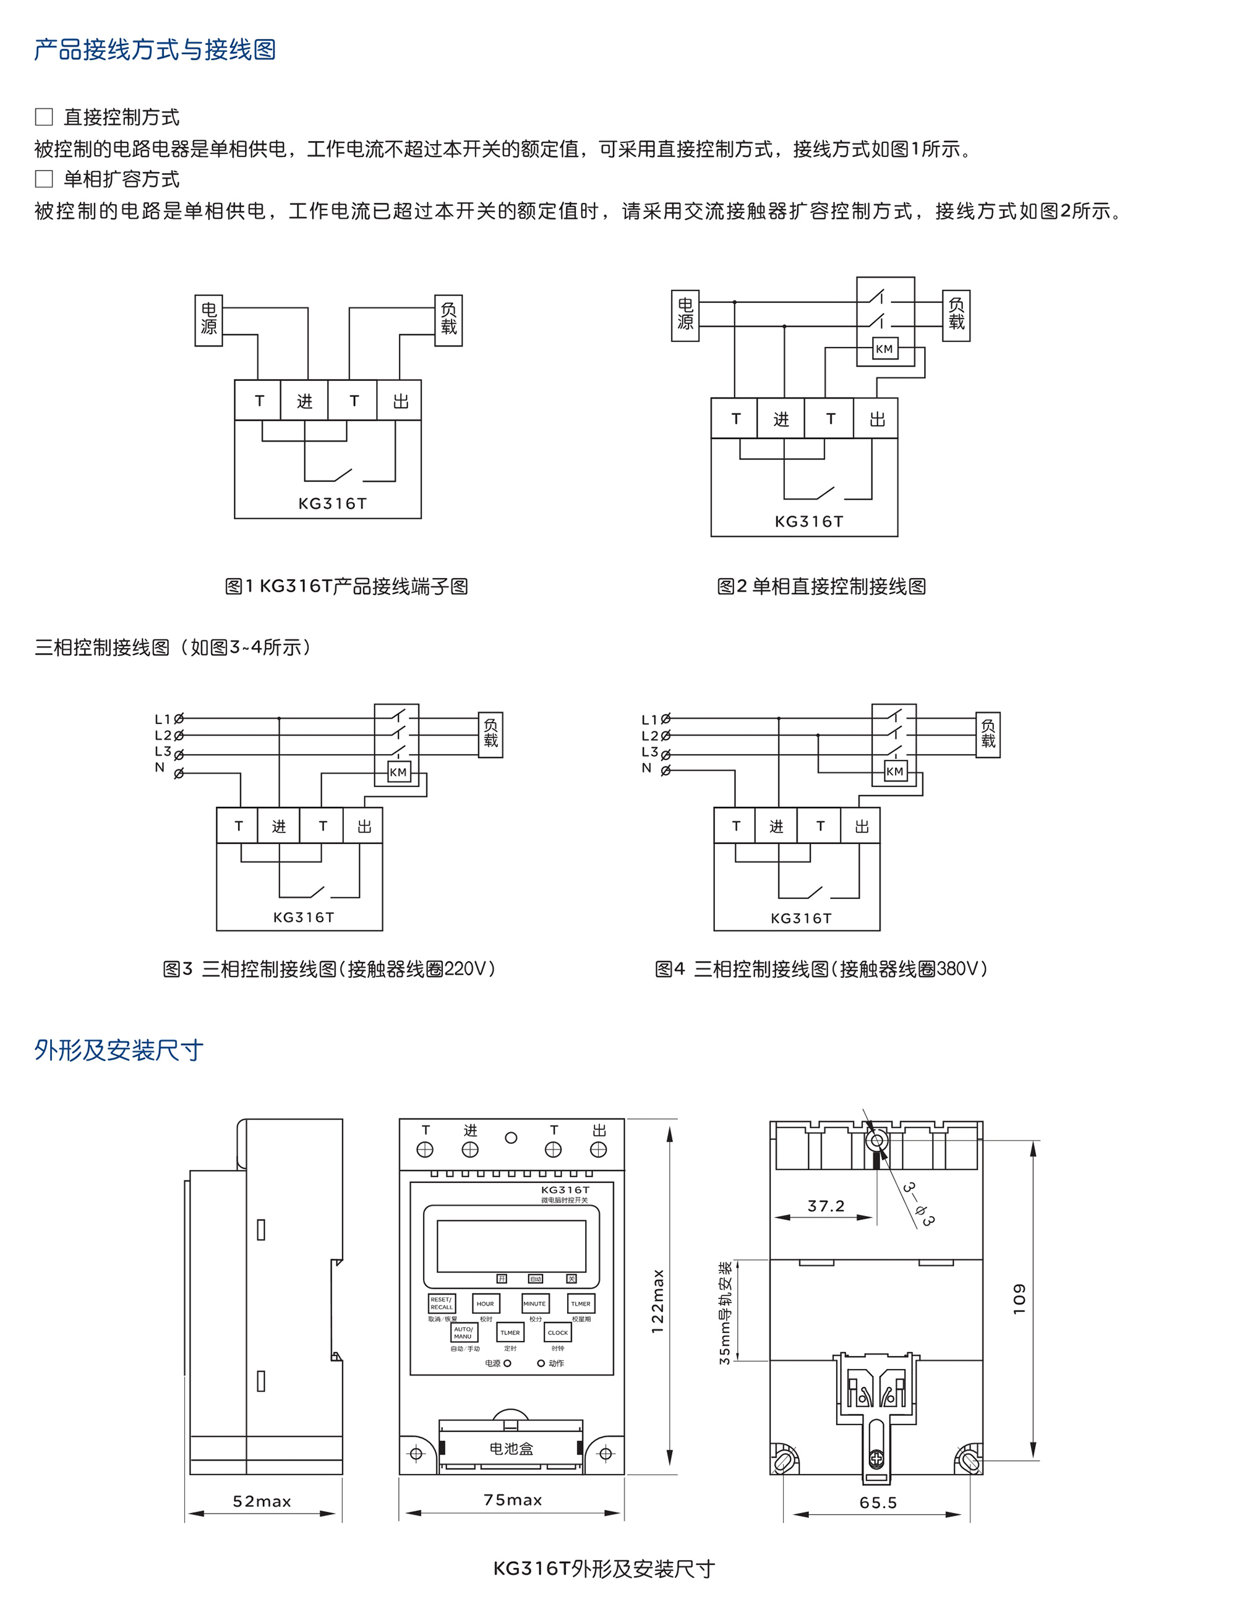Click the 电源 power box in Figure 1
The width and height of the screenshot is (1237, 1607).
point(209,320)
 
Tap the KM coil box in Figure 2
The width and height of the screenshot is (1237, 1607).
point(884,349)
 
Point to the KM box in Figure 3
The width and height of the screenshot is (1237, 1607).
point(398,772)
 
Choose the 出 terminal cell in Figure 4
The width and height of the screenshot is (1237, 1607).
point(861,826)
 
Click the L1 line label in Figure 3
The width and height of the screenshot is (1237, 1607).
point(163,719)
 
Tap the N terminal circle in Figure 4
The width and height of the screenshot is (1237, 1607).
point(666,770)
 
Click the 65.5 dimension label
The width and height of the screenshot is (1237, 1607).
point(878,1503)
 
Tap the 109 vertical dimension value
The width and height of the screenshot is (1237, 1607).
point(1019,1298)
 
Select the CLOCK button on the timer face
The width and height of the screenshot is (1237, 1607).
point(558,1332)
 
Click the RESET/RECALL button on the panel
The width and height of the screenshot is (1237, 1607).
point(442,1303)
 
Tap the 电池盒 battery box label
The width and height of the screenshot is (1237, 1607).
point(511,1448)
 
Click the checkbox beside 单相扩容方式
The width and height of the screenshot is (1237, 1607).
point(44,179)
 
